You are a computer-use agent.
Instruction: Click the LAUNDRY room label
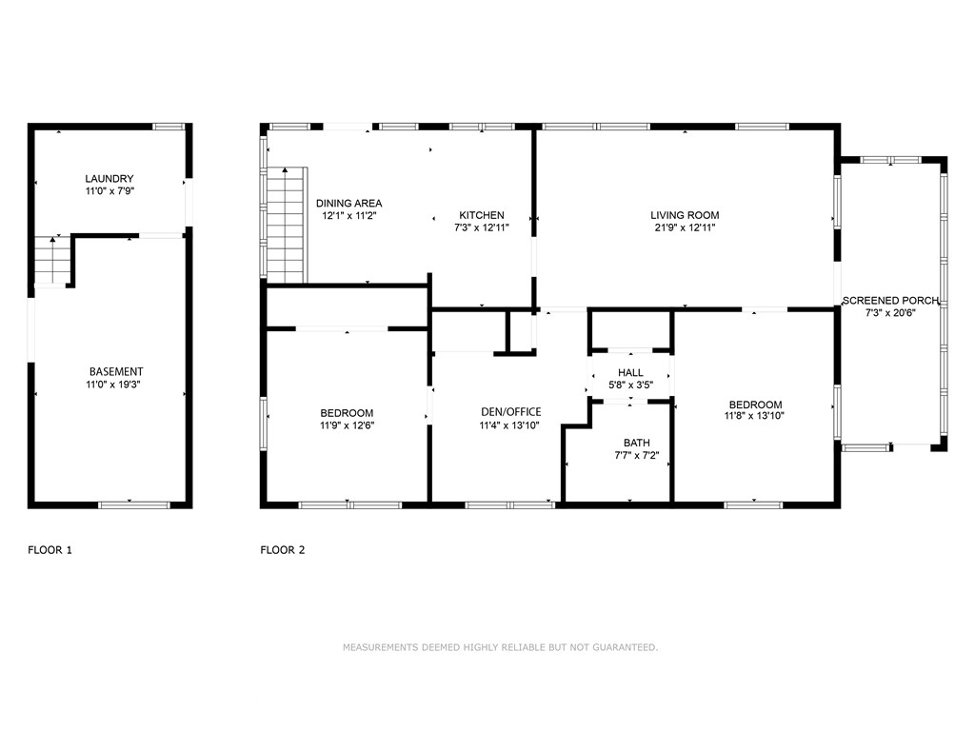[109, 178]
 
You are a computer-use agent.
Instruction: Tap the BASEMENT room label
[116, 372]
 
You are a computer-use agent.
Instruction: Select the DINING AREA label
[348, 204]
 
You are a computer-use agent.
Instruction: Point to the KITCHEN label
[482, 215]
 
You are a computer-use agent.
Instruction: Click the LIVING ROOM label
[685, 215]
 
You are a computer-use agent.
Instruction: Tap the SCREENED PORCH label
[890, 301]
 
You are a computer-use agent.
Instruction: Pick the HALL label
[630, 372]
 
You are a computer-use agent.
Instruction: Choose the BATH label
[637, 443]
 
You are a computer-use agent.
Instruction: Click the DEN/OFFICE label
[511, 411]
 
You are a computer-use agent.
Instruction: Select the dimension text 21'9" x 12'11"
[685, 227]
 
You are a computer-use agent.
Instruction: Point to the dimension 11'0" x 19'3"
[113, 385]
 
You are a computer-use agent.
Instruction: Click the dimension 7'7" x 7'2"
[637, 455]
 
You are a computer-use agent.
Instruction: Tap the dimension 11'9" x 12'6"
[347, 425]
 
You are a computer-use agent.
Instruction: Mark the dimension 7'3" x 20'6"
[890, 313]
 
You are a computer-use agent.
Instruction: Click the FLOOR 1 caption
[50, 550]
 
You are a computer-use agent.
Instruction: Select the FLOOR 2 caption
[282, 550]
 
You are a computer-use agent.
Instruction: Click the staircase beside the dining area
[287, 225]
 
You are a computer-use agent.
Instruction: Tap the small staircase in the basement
[52, 260]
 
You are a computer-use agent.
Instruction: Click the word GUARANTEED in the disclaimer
[625, 647]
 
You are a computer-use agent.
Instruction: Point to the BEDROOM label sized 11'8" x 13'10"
[755, 405]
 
